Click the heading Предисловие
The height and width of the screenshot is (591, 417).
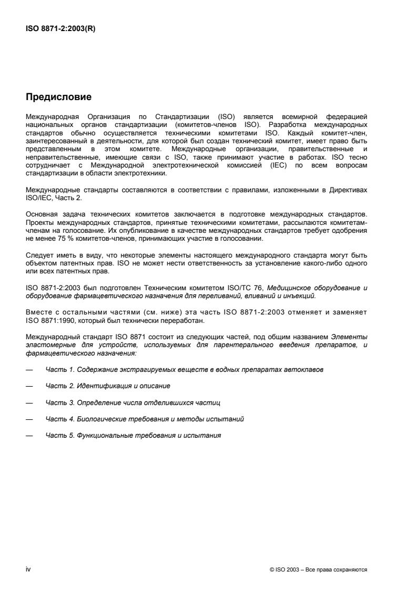click(59, 97)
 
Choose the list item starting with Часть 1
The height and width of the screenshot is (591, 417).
click(184, 370)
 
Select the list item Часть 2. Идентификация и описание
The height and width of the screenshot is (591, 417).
click(108, 386)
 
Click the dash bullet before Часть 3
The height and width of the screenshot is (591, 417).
click(29, 403)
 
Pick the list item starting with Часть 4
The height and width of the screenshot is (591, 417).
click(145, 419)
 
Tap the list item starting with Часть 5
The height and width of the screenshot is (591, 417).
click(133, 436)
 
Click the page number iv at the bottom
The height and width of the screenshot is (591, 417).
click(28, 569)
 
